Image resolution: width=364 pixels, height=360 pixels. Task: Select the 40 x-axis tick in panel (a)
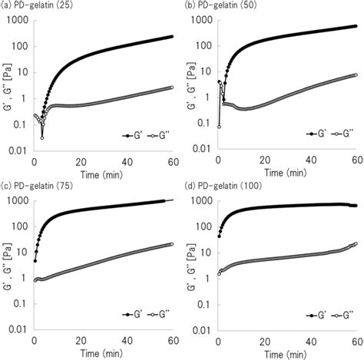[126, 159]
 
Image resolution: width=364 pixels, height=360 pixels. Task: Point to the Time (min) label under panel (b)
[286, 170]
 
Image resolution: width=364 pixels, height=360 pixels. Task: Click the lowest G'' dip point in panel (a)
[42, 137]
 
